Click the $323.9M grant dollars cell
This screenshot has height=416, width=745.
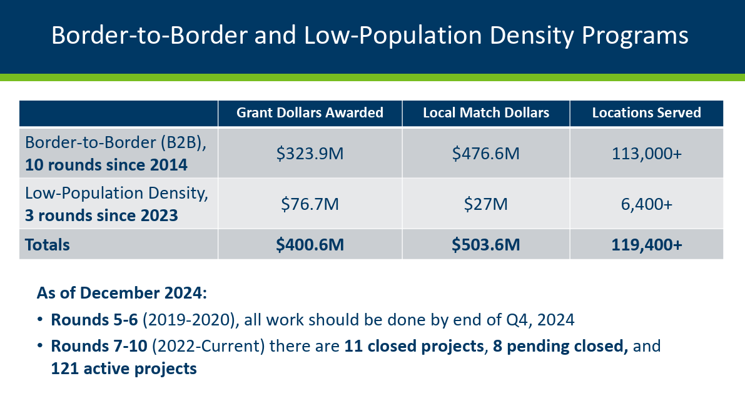click(310, 153)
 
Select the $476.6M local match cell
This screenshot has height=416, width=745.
click(485, 153)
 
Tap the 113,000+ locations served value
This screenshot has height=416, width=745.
click(646, 153)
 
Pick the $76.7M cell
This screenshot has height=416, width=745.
click(310, 204)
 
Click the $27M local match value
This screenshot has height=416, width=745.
click(485, 204)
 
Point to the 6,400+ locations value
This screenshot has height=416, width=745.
click(646, 204)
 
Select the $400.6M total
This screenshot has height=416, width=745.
click(310, 244)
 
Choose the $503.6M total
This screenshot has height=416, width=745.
click(485, 244)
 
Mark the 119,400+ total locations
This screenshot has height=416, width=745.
click(646, 244)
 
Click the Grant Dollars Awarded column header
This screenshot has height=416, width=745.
click(310, 113)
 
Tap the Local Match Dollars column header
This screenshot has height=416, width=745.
click(485, 113)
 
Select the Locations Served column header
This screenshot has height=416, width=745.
click(646, 113)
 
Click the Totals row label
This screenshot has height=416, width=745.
click(48, 244)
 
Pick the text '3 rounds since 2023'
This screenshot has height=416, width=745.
click(101, 215)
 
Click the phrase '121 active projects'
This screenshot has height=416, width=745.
click(124, 369)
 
